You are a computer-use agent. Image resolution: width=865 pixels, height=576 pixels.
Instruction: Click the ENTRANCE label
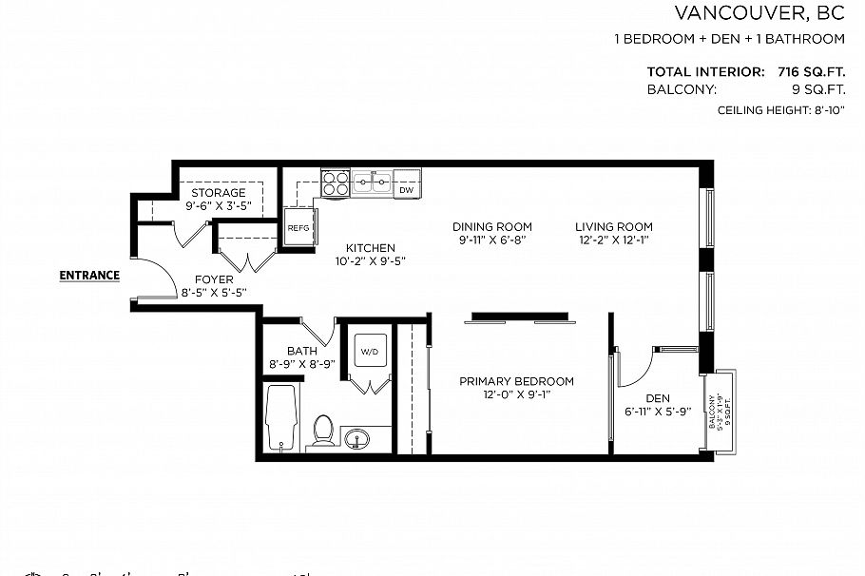click(89, 276)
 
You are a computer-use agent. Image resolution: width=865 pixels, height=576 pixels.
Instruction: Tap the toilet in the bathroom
click(323, 431)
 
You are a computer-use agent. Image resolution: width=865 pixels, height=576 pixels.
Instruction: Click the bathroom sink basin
click(357, 439)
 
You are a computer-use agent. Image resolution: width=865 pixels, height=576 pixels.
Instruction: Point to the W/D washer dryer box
click(368, 352)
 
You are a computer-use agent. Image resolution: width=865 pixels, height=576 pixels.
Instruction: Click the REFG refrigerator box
click(298, 228)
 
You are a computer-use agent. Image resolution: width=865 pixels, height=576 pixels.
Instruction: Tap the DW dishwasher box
click(406, 190)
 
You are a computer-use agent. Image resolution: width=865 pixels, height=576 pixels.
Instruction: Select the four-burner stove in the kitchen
click(335, 182)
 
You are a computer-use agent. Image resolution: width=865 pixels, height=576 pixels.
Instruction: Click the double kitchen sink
click(372, 182)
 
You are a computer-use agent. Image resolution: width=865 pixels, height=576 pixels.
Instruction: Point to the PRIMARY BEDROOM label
click(516, 381)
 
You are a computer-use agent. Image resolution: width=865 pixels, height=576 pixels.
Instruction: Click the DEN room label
click(657, 398)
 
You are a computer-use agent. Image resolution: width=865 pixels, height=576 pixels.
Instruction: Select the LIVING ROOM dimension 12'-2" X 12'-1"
click(613, 240)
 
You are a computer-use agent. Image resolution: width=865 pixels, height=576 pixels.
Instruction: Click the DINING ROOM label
click(491, 226)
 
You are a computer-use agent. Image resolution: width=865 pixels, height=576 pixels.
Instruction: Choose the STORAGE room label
click(217, 193)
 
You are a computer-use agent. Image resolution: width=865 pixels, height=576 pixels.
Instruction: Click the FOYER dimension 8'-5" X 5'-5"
click(214, 294)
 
